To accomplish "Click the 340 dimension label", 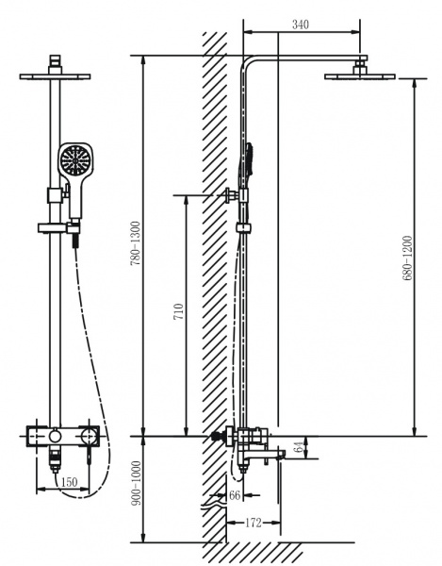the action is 301,25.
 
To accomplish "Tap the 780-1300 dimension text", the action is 135,243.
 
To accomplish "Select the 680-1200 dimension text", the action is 407,258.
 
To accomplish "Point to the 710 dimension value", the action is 179,311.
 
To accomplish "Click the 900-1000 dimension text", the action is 136,483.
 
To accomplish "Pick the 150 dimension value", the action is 69,482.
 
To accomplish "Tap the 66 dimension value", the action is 235,495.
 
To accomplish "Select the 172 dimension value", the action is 254,523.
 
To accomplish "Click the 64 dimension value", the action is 299,447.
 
